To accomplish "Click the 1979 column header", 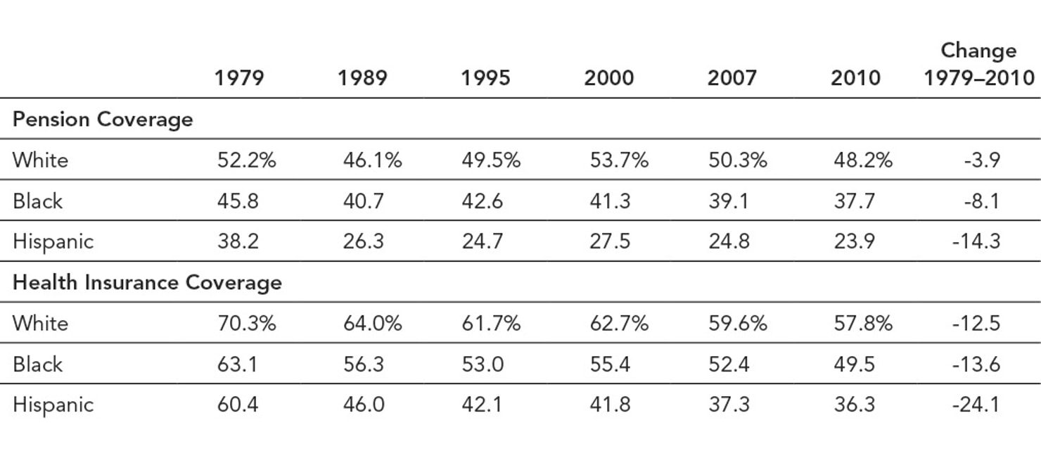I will [x=239, y=77].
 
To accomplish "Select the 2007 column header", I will [x=732, y=77].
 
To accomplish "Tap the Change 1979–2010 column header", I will [x=978, y=64].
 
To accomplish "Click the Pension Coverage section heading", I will [x=103, y=119].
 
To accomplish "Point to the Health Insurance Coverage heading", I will [x=147, y=282].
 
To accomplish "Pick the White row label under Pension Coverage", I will [x=40, y=160].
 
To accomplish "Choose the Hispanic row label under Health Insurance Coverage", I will [x=53, y=405].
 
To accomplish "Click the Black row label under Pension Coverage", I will [x=37, y=201].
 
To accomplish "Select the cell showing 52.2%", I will [x=246, y=160].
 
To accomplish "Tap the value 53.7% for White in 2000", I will [x=618, y=160].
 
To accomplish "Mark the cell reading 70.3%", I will [x=246, y=323].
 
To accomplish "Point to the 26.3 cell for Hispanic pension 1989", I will [x=363, y=241].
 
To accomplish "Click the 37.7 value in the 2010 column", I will [x=854, y=201].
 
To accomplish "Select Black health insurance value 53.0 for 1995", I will [x=482, y=364].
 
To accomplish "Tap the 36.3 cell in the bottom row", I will [x=854, y=405].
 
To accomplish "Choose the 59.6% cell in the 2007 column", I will [x=737, y=323].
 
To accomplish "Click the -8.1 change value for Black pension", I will [x=978, y=201].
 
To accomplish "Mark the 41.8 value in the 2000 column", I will [x=610, y=405].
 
